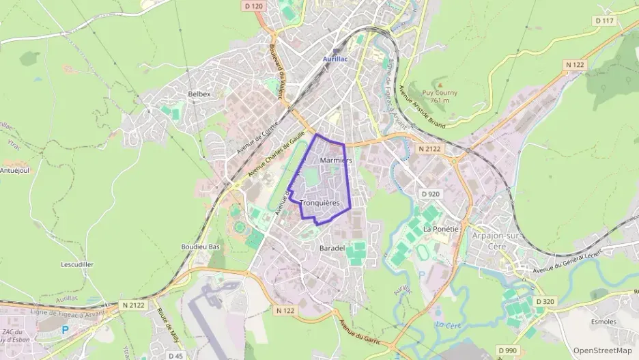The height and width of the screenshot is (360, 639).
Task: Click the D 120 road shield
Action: [253, 6]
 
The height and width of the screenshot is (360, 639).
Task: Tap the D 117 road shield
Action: [604, 20]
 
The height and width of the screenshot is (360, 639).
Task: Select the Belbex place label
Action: [199, 94]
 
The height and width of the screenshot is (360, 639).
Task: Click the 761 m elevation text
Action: [440, 100]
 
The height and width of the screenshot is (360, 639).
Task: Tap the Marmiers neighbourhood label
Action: [335, 160]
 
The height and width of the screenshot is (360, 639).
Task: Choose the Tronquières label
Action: [319, 203]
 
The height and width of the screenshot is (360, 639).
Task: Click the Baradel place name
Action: [332, 249]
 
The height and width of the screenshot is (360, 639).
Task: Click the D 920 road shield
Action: [431, 194]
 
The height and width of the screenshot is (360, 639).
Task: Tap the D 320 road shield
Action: [545, 301]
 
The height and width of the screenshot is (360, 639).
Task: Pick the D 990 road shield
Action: [507, 350]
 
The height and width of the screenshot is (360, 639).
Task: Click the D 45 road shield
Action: [175, 355]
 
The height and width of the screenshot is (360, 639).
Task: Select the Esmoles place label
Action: [603, 322]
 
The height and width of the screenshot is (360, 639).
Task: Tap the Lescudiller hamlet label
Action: [77, 264]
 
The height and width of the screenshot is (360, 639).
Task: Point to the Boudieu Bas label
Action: [200, 246]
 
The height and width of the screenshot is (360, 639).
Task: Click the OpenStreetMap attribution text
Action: [603, 351]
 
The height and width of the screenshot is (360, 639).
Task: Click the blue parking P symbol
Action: [66, 329]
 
